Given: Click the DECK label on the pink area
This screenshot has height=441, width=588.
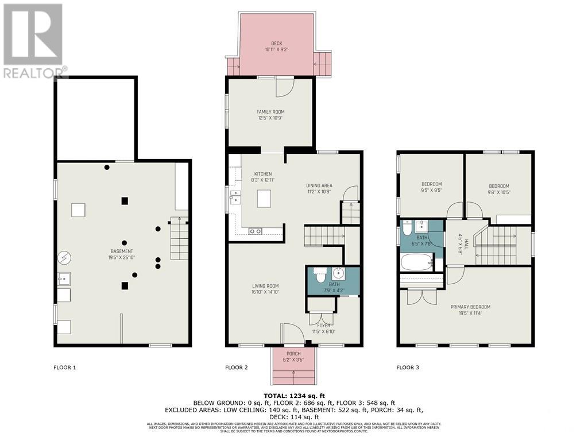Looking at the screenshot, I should click(x=277, y=43).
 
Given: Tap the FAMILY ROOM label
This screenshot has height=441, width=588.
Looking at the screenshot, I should click(x=270, y=112).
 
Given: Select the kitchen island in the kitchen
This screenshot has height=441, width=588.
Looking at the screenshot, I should click(x=264, y=199).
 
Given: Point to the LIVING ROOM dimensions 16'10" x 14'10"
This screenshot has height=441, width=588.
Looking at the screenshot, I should click(x=265, y=292).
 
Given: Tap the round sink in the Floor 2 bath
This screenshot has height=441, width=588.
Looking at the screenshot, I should click(x=338, y=273).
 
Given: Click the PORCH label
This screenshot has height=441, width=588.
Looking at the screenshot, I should click(x=293, y=354).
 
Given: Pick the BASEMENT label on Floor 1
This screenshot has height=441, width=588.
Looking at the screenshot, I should click(x=122, y=252).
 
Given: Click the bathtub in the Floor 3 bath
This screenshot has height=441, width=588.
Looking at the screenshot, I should click(x=415, y=264).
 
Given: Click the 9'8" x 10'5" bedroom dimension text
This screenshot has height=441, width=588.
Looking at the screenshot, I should click(x=499, y=192).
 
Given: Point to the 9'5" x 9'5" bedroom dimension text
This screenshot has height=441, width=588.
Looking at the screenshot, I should click(x=431, y=191).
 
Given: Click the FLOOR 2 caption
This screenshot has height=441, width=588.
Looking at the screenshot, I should click(x=237, y=367).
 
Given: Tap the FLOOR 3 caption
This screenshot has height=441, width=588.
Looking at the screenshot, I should click(x=408, y=367).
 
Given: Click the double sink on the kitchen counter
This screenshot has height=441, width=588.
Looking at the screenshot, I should click(x=234, y=200).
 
